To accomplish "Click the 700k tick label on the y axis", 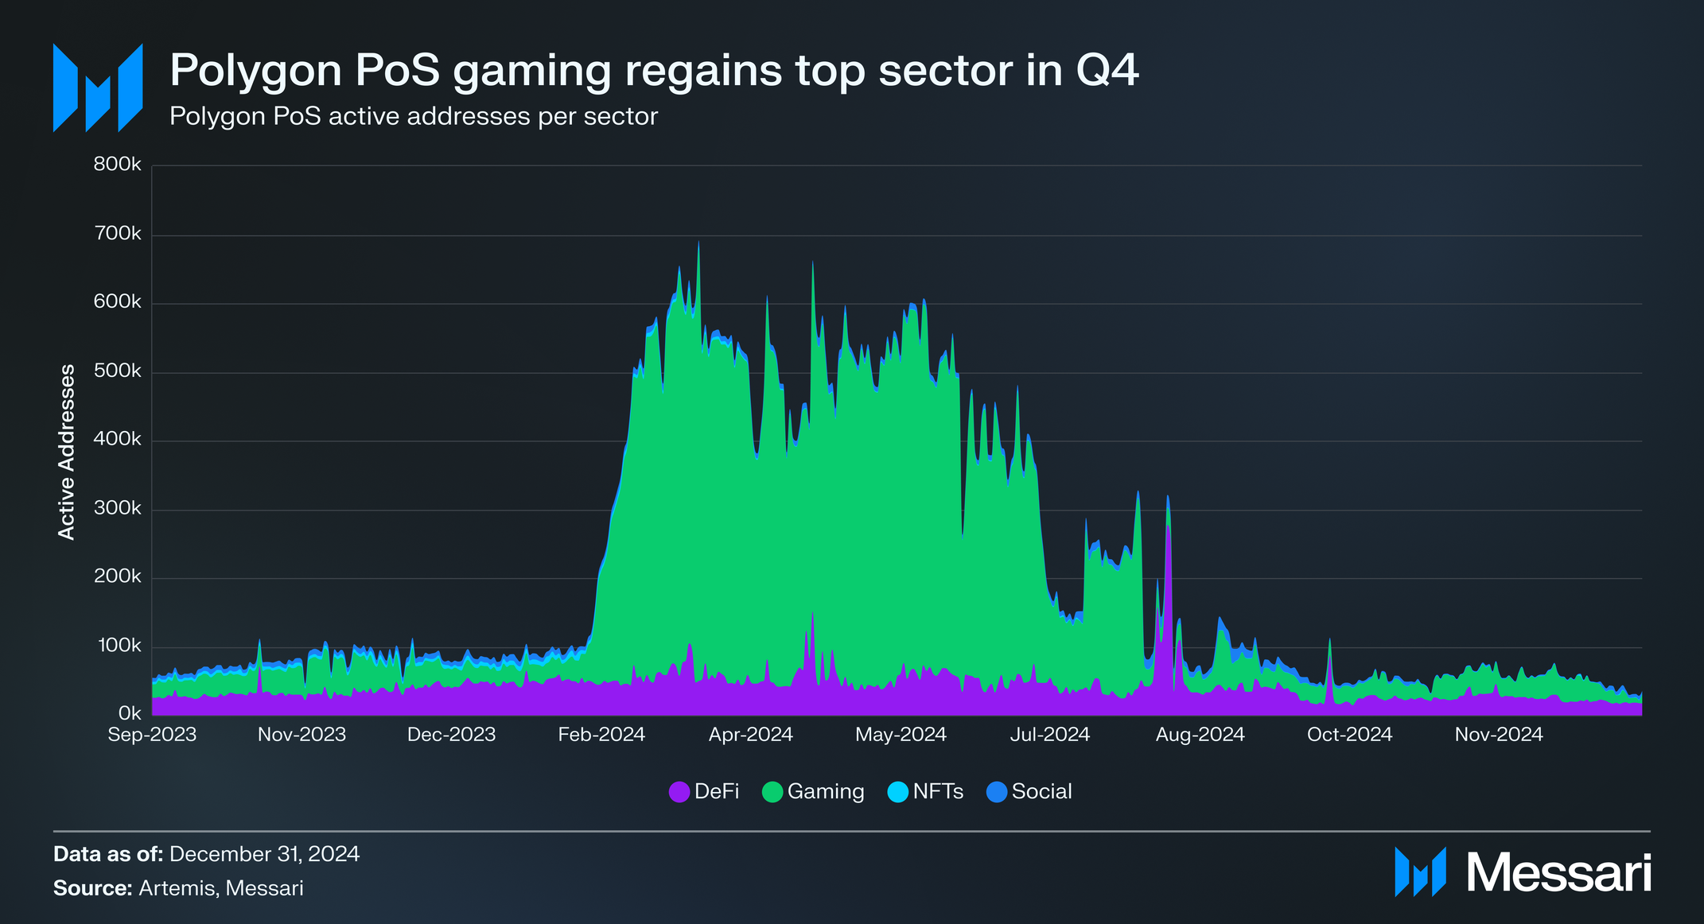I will click(118, 234).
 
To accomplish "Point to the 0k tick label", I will click(129, 713).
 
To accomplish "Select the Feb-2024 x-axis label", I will click(601, 735).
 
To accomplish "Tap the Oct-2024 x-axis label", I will click(1349, 735).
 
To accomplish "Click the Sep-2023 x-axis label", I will click(152, 735).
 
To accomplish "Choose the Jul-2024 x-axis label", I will click(1049, 735).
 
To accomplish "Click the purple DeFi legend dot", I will click(679, 792).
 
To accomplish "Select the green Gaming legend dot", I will click(772, 792).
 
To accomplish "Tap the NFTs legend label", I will click(938, 792).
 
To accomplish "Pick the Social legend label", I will click(1041, 792).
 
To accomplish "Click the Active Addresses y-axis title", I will click(67, 452).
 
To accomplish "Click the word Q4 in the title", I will click(1107, 70).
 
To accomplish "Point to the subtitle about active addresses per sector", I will click(414, 116).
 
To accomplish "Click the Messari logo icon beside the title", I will click(98, 87).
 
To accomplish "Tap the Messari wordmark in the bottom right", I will click(1558, 873).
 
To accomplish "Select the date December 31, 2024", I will click(264, 854).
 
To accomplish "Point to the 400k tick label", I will click(118, 440).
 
